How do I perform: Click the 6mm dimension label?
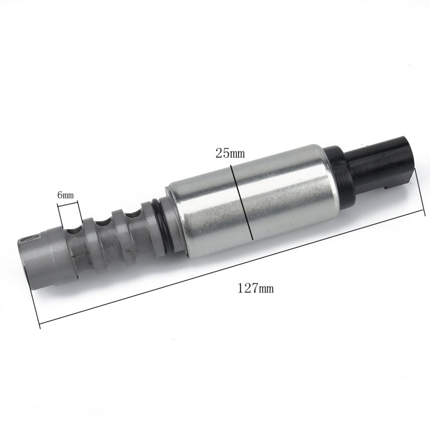[x=65, y=196]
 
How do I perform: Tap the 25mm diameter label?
[x=229, y=154]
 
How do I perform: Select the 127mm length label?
[x=255, y=288]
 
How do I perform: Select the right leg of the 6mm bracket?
[x=87, y=209]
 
